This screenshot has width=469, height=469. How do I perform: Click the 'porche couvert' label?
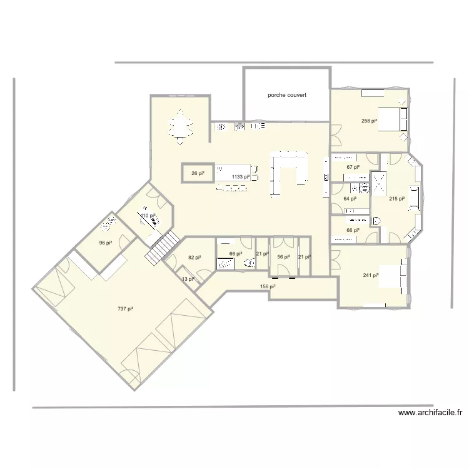click(287, 96)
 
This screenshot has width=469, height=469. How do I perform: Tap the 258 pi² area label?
click(370, 121)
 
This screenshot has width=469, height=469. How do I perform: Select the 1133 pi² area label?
click(241, 177)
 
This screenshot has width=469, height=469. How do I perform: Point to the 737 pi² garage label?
click(126, 308)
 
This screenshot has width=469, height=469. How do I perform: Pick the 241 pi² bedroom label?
click(371, 276)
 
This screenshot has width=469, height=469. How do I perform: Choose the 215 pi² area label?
click(397, 199)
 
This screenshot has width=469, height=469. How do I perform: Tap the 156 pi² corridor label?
click(268, 286)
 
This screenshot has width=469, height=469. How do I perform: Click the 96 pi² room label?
click(105, 243)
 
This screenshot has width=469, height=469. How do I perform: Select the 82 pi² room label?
click(194, 257)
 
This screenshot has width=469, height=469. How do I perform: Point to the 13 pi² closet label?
click(188, 279)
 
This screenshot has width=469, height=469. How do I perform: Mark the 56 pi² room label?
click(283, 256)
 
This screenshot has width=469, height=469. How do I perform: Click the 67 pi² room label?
click(353, 168)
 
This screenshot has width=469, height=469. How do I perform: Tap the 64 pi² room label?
click(350, 199)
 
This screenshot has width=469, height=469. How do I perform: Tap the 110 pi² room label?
click(148, 216)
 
